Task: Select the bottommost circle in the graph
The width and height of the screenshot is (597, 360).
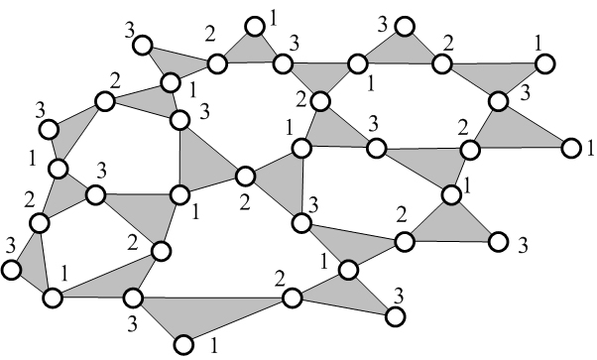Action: click(182, 344)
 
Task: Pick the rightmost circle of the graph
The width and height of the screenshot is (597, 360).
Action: click(570, 148)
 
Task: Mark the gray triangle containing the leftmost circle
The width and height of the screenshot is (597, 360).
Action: click(33, 266)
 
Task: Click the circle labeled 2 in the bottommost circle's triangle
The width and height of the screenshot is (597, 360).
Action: click(291, 299)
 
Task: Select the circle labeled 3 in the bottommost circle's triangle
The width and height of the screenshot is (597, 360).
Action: click(133, 297)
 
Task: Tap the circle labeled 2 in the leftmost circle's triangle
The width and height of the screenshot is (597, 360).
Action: click(39, 224)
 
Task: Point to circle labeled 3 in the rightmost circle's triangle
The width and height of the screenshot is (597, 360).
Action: click(499, 101)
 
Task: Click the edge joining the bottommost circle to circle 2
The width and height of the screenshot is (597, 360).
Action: click(237, 321)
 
